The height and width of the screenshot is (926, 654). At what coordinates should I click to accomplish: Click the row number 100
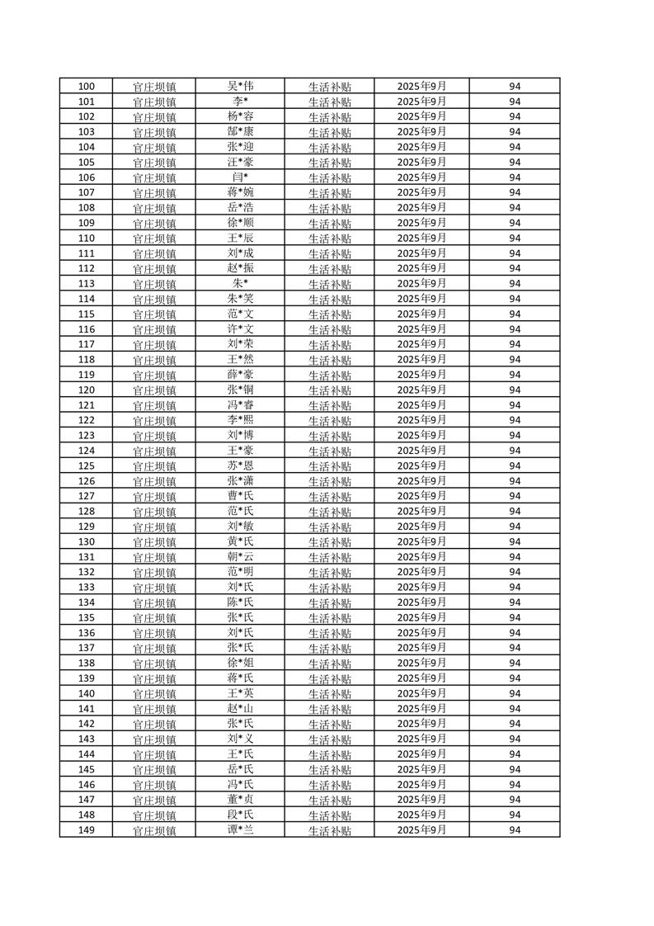(86, 87)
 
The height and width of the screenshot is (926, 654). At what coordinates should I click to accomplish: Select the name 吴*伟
(240, 86)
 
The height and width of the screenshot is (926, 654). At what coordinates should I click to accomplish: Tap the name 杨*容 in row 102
(240, 116)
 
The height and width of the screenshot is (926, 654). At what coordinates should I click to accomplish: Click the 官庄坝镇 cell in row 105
(154, 163)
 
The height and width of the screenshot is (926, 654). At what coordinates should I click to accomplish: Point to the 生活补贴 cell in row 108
(329, 208)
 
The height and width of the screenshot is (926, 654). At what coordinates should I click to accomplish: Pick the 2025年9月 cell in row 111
(421, 253)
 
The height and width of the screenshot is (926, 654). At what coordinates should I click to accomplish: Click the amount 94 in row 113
(515, 284)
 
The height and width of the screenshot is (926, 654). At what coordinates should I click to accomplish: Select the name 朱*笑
(240, 299)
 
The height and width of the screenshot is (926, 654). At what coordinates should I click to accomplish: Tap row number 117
(86, 344)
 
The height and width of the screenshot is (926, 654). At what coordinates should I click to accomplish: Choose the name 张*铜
(240, 390)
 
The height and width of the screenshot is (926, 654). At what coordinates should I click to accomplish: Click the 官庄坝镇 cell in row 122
(154, 421)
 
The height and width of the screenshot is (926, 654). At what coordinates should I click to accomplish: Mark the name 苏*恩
(240, 465)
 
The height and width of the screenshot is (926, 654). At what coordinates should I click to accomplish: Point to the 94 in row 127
(515, 496)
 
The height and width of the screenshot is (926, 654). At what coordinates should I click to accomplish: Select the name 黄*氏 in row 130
(240, 541)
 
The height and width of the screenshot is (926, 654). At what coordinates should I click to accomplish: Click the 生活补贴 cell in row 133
(329, 588)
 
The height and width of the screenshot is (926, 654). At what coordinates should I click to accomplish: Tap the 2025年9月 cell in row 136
(421, 633)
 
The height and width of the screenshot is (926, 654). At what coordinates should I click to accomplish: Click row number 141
(86, 709)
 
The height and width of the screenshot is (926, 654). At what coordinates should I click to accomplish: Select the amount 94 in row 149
(515, 830)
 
